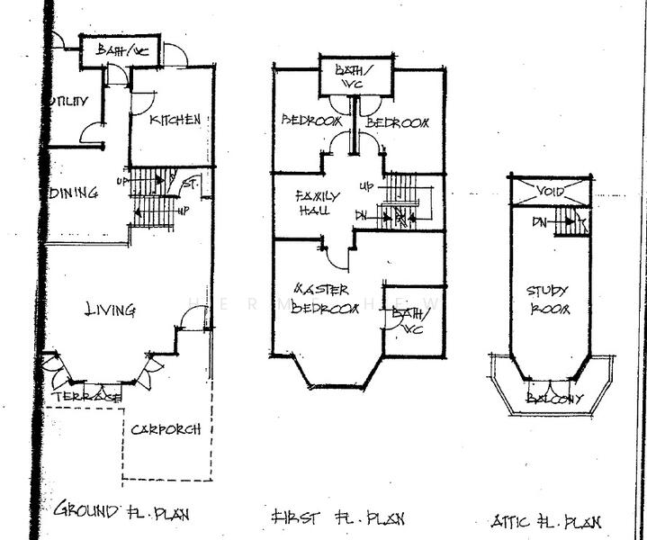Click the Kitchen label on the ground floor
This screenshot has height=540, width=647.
coord(175,120)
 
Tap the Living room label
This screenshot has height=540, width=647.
coord(110,310)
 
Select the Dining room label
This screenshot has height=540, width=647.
coord(74,193)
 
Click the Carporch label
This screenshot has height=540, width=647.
coord(166,429)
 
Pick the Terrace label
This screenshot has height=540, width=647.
coord(86,397)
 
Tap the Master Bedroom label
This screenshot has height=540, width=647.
coord(327,298)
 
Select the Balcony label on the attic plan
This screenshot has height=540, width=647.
coord(555,398)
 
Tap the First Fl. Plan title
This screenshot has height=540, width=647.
coord(337,517)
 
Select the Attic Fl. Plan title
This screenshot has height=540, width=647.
coord(546,521)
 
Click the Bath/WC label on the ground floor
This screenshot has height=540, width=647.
coord(121,51)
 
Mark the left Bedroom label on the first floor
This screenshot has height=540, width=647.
coord(311,121)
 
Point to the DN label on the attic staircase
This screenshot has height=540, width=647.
coord(540,220)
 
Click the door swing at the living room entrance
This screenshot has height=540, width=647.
coord(193,318)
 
